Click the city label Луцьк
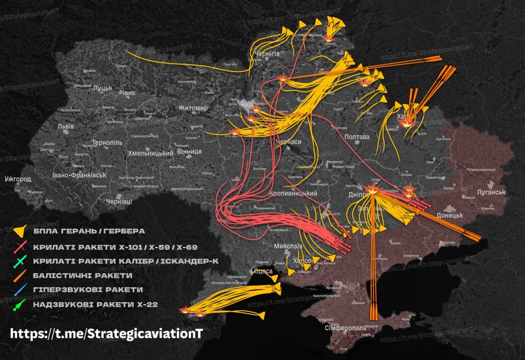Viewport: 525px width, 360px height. pos(103,88)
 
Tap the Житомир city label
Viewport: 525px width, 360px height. pos(193,108)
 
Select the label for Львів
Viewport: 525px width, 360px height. pos(66,126)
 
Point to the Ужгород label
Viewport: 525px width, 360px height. pos(17,179)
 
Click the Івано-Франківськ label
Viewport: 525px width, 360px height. pos(79,175)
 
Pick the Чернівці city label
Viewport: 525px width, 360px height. pos(118,202)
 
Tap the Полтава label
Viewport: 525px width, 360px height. pos(357,137)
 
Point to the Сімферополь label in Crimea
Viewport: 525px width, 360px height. pos(346,327)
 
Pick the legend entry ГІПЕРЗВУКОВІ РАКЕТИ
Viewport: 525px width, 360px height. pos(87,290)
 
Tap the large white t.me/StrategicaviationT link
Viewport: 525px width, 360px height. pos(106,333)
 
